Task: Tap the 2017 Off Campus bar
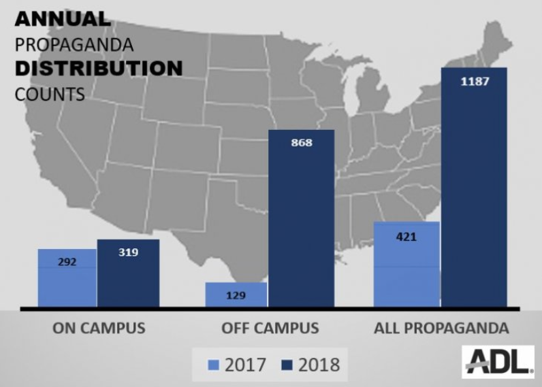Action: pos(236,295)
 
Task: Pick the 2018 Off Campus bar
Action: pos(301,218)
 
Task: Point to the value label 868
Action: pos(301,143)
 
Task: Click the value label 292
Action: pos(67,261)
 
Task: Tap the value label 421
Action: pos(406,237)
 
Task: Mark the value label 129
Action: pos(235,295)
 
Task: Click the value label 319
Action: pos(128,252)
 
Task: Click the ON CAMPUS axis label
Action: pos(99,328)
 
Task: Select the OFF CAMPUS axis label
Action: pos(270,328)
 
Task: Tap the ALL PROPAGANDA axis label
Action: pos(441,328)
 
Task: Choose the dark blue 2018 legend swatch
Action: pos(285,365)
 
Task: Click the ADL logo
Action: pos(498,361)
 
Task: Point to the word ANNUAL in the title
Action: pos(62,19)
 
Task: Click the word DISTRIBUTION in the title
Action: pos(98,69)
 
